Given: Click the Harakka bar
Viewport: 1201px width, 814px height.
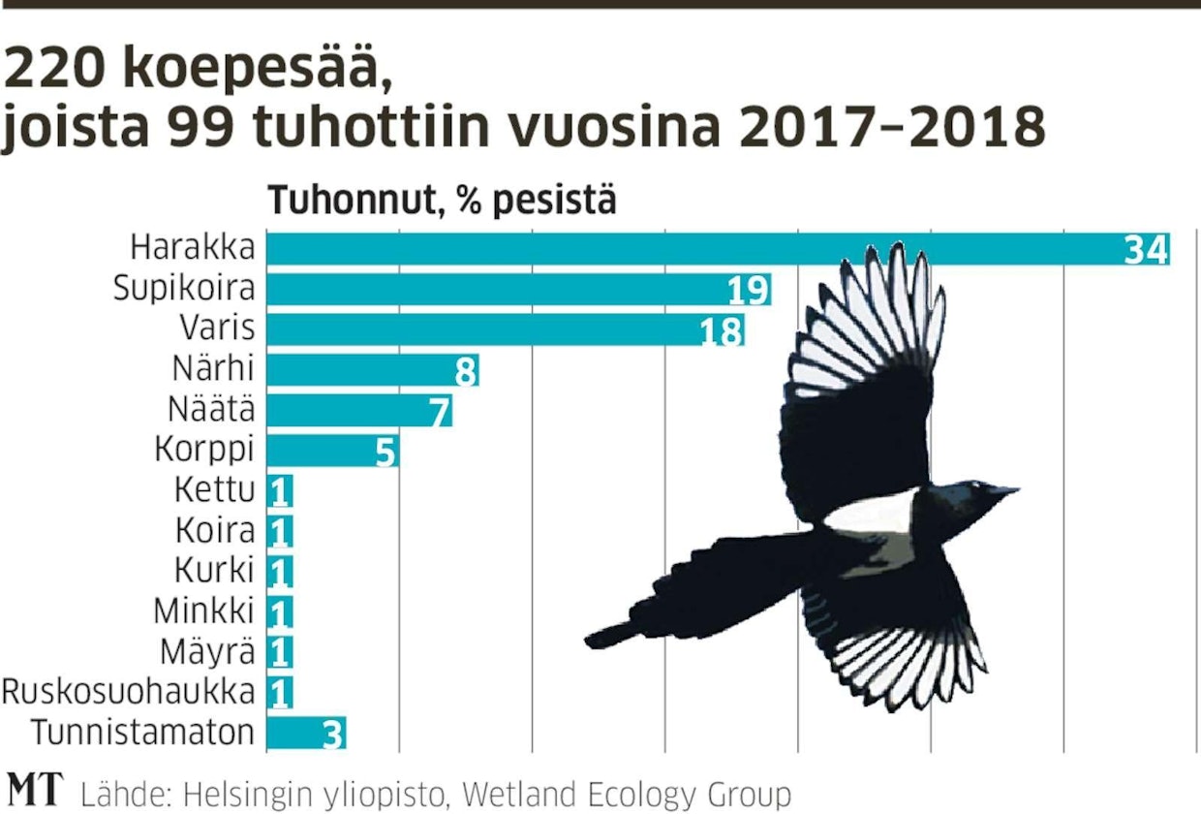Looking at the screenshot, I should coord(678,249).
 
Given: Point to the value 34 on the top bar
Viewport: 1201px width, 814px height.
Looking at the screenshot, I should coord(1147,250).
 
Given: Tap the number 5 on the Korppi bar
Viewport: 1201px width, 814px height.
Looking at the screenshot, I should coord(385,452).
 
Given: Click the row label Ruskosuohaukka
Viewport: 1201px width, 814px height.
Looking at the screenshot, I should coord(129,692).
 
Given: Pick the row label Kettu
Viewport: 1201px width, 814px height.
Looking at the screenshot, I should coord(214,490).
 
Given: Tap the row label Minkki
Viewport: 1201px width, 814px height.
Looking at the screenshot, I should coord(204,610).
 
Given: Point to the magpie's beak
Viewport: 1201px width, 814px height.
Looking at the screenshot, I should coord(1007,491).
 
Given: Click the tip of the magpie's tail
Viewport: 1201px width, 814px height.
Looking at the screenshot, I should coord(593,639).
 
